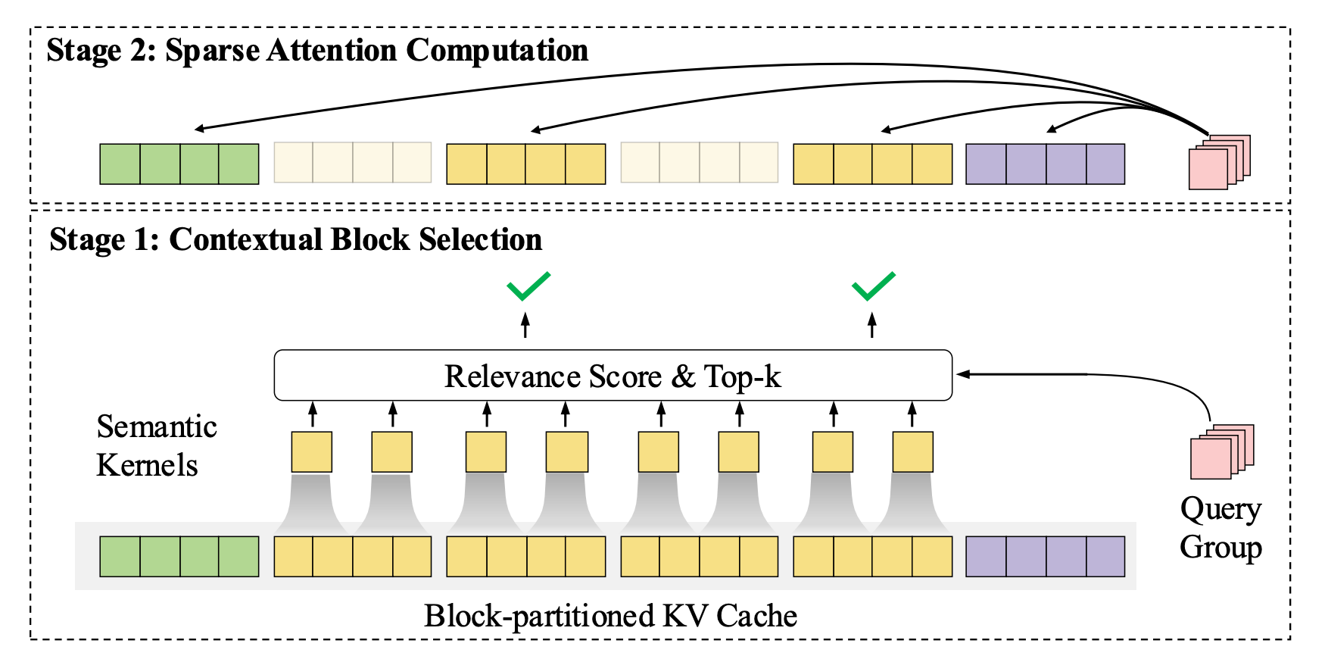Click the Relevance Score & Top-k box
(x=613, y=375)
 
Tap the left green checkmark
(x=528, y=286)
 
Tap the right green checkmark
(x=874, y=286)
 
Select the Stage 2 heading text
(x=317, y=51)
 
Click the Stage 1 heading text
(x=295, y=239)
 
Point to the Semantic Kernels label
(x=157, y=446)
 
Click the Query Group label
(x=1220, y=528)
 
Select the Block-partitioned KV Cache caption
(x=610, y=616)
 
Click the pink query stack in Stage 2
(x=1219, y=162)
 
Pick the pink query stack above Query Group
(x=1222, y=451)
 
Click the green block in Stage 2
(x=179, y=164)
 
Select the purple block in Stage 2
(x=1046, y=164)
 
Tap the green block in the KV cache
(x=179, y=556)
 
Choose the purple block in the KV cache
(x=1046, y=556)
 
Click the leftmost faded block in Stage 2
(x=353, y=162)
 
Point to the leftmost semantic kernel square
(x=312, y=451)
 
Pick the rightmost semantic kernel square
(x=912, y=451)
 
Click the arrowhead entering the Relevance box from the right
(x=962, y=374)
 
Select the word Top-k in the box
(x=742, y=377)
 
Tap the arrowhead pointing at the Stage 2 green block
(x=200, y=129)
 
